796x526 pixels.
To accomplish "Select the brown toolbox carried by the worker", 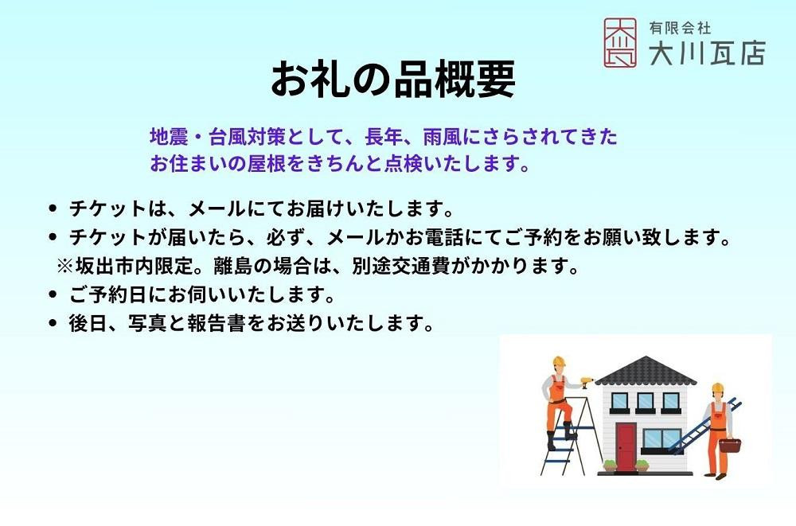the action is pyautogui.click(x=730, y=446).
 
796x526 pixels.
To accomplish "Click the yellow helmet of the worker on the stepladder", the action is pyautogui.click(x=559, y=361).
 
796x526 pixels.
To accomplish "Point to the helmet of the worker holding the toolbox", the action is pyautogui.click(x=717, y=388).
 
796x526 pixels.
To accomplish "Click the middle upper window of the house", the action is pyautogui.click(x=646, y=401).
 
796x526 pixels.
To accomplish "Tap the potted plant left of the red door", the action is pyautogui.click(x=610, y=466).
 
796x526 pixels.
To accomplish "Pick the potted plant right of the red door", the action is pyautogui.click(x=642, y=466).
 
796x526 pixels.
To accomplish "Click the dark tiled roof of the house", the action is pyautogui.click(x=646, y=370).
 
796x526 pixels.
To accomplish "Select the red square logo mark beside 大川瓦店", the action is pyautogui.click(x=620, y=43).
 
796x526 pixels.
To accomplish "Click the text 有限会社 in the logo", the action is pyautogui.click(x=680, y=28).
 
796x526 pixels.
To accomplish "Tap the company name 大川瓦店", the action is pyautogui.click(x=707, y=53).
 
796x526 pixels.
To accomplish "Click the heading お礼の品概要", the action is pyautogui.click(x=393, y=80).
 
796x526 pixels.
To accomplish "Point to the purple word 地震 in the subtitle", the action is pyautogui.click(x=169, y=137).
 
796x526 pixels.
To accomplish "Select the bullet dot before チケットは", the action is pyautogui.click(x=52, y=208).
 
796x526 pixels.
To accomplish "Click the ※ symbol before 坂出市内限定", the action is pyautogui.click(x=65, y=266).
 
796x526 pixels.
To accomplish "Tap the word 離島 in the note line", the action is pyautogui.click(x=233, y=266).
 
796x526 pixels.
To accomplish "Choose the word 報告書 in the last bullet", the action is pyautogui.click(x=217, y=323).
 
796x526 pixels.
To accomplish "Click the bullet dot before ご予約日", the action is pyautogui.click(x=52, y=294).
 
